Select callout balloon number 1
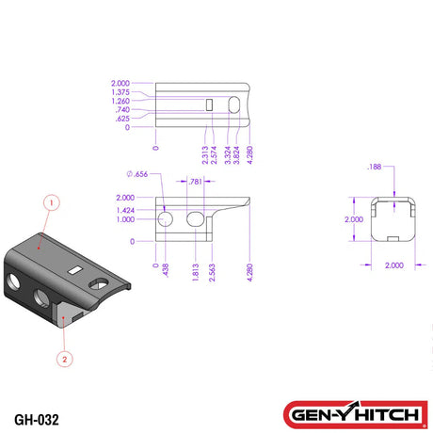pos(53,201)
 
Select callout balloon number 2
pos(64,359)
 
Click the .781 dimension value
pos(195,181)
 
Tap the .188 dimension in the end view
pos(376,168)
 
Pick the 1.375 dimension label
pos(120,91)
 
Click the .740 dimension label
pos(121,110)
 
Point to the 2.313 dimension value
pos(204,155)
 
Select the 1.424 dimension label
pos(124,210)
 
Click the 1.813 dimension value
pos(194,272)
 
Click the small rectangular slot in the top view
pos(210,104)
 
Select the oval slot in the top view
pos(233,105)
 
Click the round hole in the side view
pos(166,219)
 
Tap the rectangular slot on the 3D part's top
pos(76,269)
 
